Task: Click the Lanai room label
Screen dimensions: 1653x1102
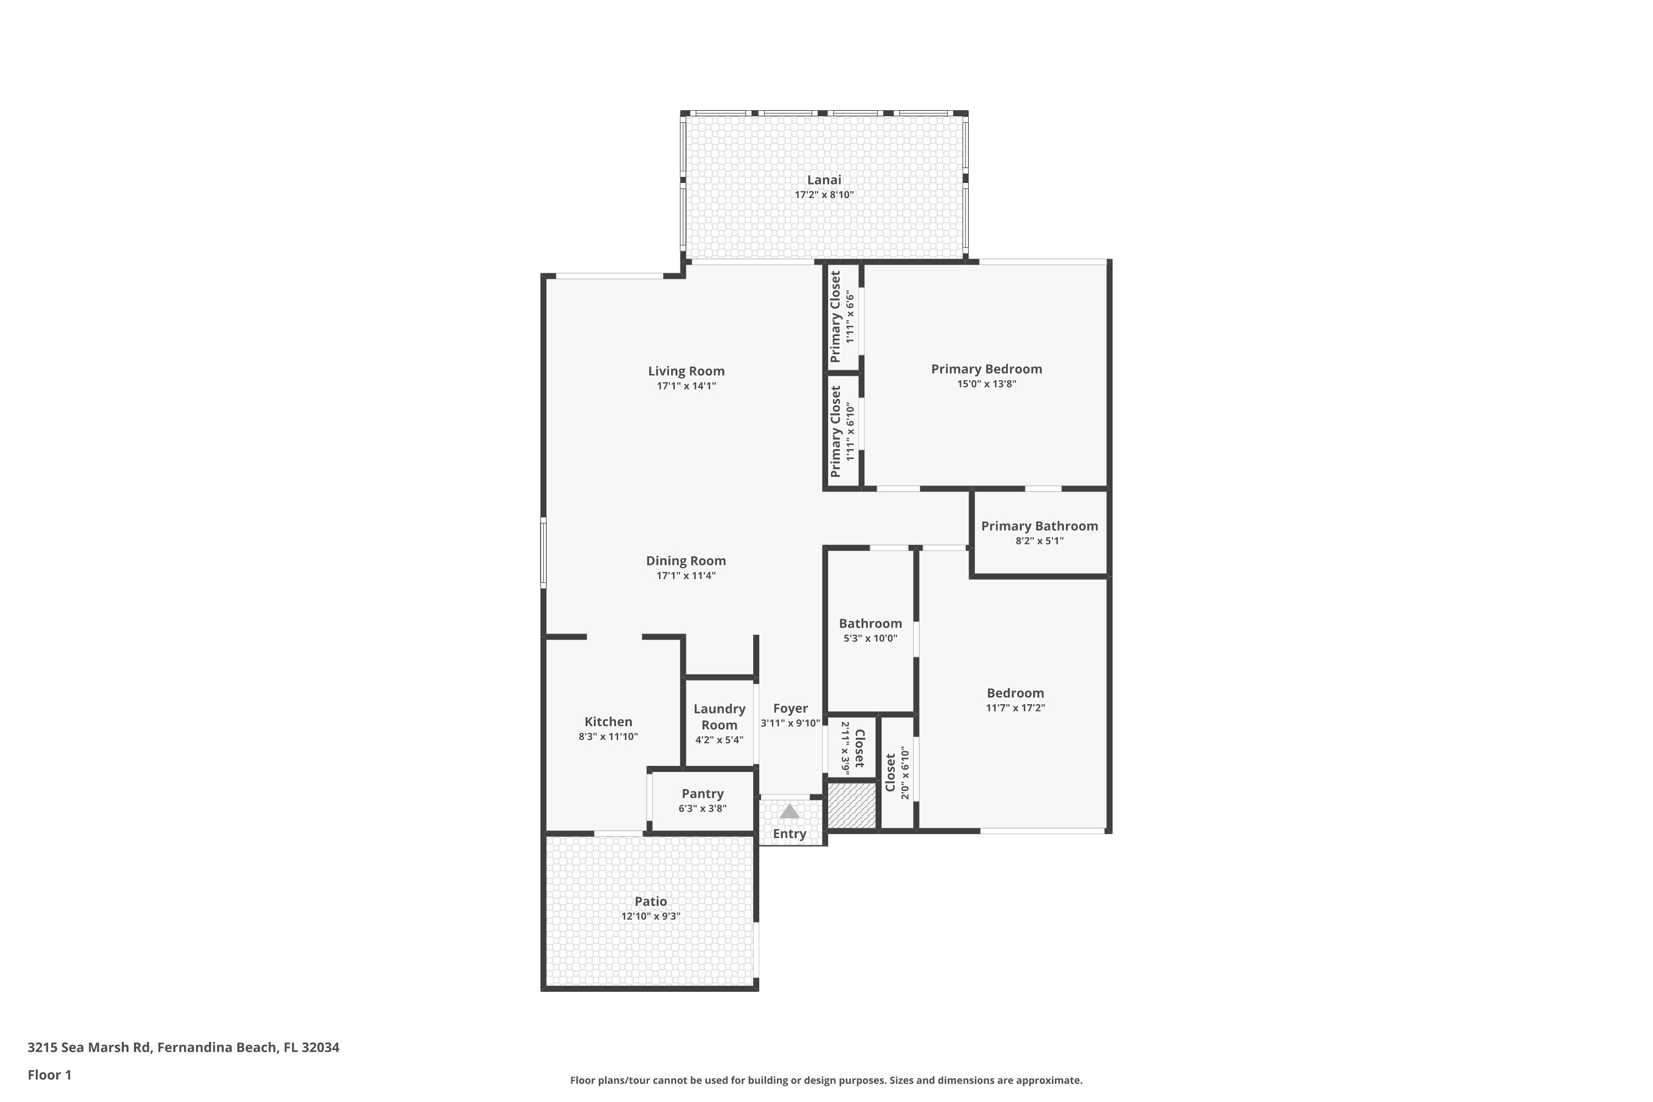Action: point(824,180)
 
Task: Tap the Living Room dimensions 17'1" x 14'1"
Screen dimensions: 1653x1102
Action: point(686,386)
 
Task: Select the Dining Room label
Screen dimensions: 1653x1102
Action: point(686,561)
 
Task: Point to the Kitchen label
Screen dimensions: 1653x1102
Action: point(609,722)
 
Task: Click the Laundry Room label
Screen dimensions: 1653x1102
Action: point(719,717)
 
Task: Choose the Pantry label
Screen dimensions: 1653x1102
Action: point(703,793)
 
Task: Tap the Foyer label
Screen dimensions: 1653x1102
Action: point(791,709)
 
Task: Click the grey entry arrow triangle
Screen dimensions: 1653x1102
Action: point(790,812)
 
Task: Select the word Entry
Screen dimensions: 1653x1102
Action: point(790,834)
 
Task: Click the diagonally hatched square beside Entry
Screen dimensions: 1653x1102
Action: point(852,806)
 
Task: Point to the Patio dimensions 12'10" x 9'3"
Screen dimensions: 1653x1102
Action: point(651,916)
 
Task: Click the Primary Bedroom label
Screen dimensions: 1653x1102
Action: point(987,369)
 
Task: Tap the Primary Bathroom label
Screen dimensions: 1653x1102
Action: point(1039,526)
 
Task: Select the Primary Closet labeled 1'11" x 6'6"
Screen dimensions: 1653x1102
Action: point(842,317)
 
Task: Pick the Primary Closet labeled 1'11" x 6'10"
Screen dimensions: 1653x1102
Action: point(842,431)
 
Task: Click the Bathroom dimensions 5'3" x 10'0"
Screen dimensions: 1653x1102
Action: point(871,639)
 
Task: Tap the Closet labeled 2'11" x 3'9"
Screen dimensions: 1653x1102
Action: point(852,748)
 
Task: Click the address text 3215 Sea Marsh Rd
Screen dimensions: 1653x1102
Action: point(89,1047)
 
